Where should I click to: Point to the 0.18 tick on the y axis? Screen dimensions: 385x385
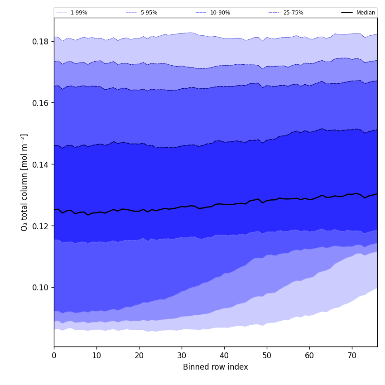click(x=41, y=41)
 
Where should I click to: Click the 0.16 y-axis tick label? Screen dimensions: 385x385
click(x=41, y=103)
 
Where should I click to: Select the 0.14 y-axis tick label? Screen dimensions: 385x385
click(x=41, y=164)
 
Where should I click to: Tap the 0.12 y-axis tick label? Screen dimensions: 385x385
click(x=41, y=226)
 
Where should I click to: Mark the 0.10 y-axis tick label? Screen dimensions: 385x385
click(x=41, y=288)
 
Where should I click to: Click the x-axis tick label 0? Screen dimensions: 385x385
click(x=54, y=356)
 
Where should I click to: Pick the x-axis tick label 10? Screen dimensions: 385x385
click(x=96, y=356)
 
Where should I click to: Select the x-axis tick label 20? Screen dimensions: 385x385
click(x=139, y=356)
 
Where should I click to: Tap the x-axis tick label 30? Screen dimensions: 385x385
click(x=182, y=356)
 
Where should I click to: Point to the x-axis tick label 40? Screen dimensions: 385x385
click(x=224, y=356)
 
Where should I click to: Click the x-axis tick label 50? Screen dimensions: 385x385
click(x=267, y=356)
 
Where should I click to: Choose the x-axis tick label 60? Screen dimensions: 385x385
click(x=309, y=356)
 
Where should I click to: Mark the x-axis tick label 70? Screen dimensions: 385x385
click(x=352, y=356)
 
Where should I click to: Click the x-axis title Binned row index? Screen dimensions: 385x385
click(x=216, y=367)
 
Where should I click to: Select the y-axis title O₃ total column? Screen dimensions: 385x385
click(x=24, y=182)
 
